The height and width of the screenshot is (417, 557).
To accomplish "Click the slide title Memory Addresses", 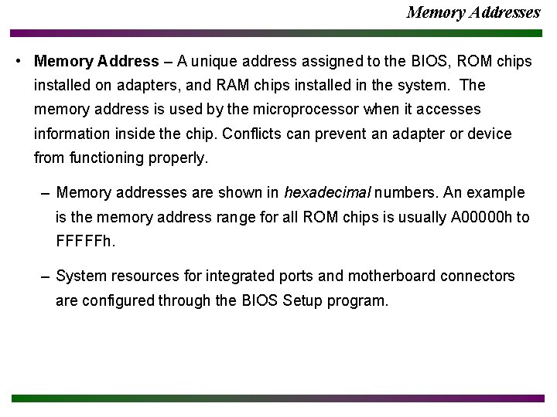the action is pyautogui.click(x=473, y=12).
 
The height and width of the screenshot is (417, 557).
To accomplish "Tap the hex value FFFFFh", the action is pyautogui.click(x=85, y=241).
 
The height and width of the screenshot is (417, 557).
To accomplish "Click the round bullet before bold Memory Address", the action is pyautogui.click(x=17, y=61).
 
